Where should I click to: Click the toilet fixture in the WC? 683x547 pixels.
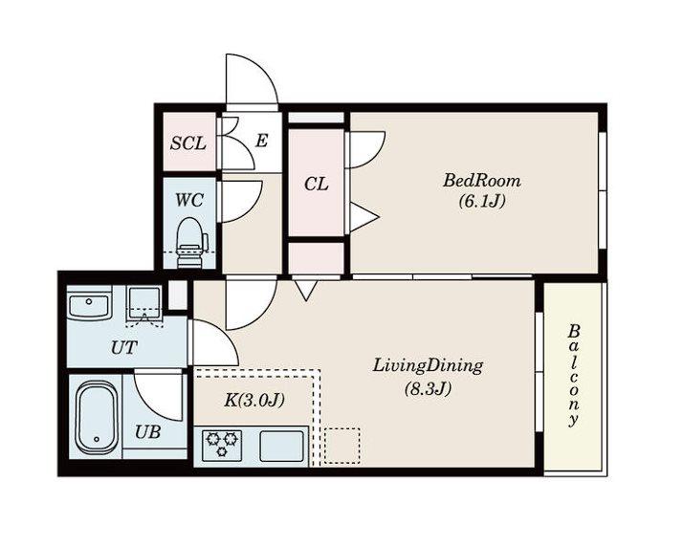pos(190,243)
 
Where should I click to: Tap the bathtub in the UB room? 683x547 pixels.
pos(97,417)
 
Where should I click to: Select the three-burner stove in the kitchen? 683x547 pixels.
pos(222,445)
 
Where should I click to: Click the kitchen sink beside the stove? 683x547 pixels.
pos(281,446)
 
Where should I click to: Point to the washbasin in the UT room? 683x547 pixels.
pos(89,305)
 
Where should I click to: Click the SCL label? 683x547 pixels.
pos(188,142)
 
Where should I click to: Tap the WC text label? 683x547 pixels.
pos(189,200)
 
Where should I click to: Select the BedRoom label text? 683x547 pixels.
pos(482,181)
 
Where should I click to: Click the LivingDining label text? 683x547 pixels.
pos(428,366)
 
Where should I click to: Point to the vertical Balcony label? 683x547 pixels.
pos(574,375)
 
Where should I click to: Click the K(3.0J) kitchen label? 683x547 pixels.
pos(254,400)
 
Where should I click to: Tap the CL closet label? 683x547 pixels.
pos(317,185)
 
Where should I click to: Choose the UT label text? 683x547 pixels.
pos(124,347)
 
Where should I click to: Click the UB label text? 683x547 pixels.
pos(147,432)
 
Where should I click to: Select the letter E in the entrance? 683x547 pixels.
pos(261,141)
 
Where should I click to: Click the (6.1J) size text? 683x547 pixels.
pos(482,201)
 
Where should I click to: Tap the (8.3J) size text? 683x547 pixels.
pos(428,388)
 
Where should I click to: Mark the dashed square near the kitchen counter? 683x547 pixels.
pos(342,445)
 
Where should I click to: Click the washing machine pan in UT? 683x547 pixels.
pos(144,303)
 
